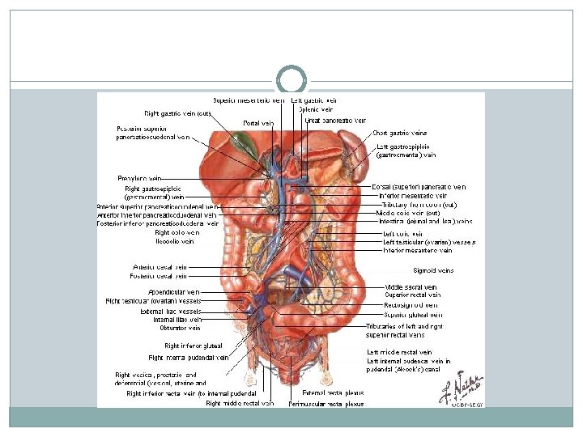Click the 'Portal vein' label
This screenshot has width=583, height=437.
[x=258, y=123]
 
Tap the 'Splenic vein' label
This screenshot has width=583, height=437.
[x=316, y=109]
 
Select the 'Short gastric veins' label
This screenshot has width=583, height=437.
[x=400, y=133]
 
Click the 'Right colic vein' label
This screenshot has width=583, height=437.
[x=177, y=232]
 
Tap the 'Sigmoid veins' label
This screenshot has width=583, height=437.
[x=434, y=271]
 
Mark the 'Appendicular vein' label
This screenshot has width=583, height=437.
[x=173, y=291]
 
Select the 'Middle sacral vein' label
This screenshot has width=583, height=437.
[x=411, y=286]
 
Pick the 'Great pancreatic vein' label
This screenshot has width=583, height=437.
[x=335, y=121]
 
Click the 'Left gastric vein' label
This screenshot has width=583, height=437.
[x=314, y=100]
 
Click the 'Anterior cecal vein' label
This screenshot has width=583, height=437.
[x=160, y=267]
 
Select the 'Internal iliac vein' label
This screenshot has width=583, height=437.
[x=177, y=320]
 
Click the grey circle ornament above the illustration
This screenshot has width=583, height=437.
[x=291, y=80]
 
